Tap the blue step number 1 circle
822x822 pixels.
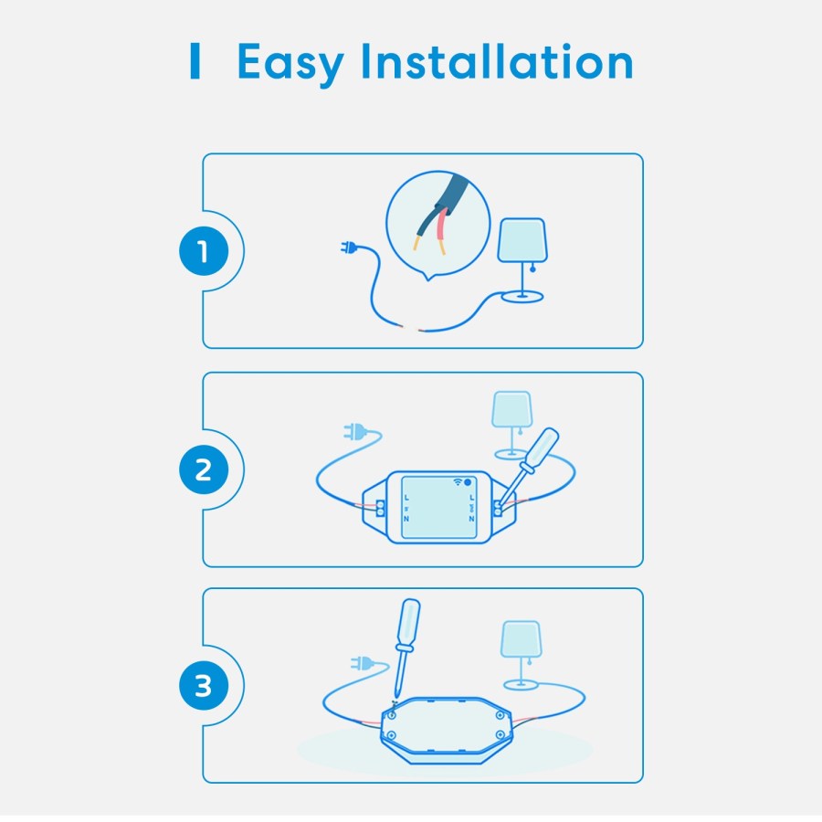(x=203, y=251)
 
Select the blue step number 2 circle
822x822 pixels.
(x=203, y=470)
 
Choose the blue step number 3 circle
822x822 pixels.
(x=203, y=687)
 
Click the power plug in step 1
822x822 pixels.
(x=349, y=248)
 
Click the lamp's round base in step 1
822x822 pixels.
(x=521, y=296)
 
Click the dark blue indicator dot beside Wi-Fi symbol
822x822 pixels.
(x=468, y=480)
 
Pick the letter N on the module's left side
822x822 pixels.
(x=406, y=519)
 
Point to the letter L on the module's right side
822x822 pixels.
(x=471, y=497)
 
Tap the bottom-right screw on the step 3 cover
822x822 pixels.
(x=499, y=735)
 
